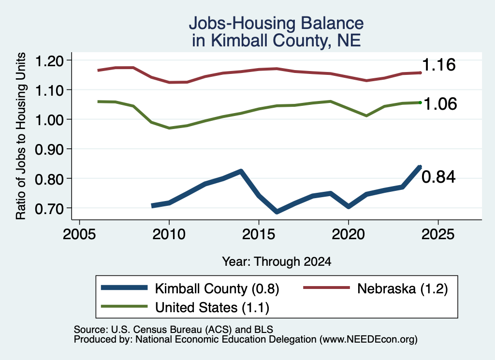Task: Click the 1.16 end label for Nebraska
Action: coord(439,65)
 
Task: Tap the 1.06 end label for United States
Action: coord(440,104)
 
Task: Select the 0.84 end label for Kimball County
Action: coord(438,177)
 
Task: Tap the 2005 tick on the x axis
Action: coord(79,234)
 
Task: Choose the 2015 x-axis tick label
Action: coord(259,234)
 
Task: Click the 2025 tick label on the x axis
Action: coord(438,234)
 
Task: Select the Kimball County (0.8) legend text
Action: coord(217,288)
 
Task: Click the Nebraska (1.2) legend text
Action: coord(403,288)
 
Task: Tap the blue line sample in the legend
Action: coord(124,288)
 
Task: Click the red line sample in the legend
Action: coord(327,288)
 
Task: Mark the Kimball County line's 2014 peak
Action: coord(241,172)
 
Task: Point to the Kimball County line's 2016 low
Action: coord(277,211)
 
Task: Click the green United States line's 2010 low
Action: coord(169,128)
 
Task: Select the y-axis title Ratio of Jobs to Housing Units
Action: coord(21,136)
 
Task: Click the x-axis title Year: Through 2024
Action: coord(277,261)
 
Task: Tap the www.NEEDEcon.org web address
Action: coord(368,339)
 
